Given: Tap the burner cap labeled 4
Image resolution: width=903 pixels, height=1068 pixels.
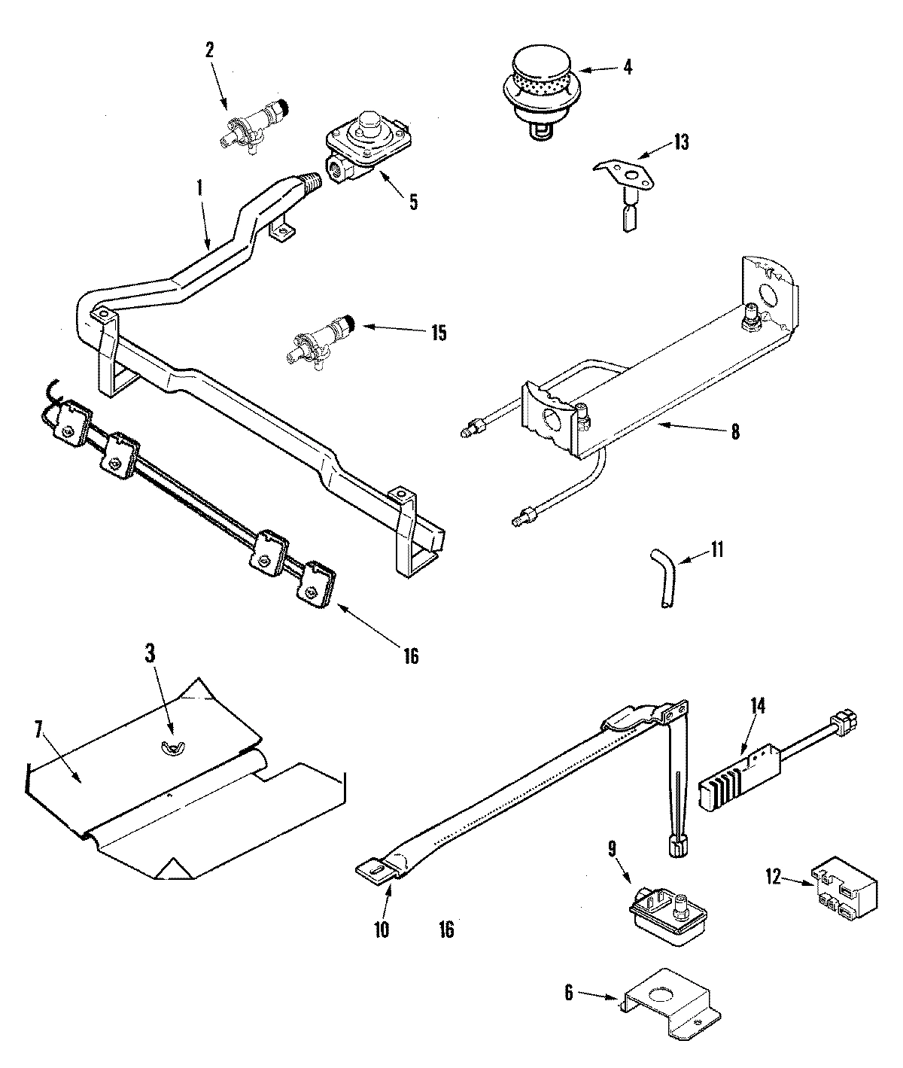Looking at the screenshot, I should point(538,83).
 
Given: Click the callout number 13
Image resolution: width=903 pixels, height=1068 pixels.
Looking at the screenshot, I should point(680,141).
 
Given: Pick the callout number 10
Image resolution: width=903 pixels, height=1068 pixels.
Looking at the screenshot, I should point(381,930).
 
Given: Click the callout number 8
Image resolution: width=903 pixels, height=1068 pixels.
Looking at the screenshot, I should point(734,432).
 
